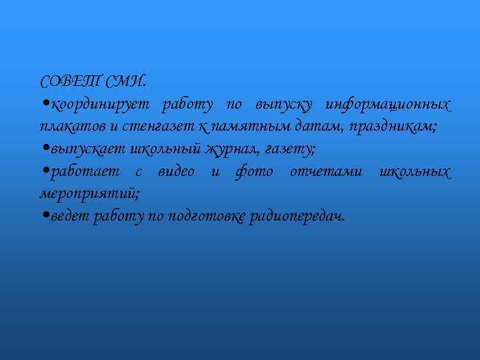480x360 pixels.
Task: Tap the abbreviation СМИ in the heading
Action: (x=127, y=82)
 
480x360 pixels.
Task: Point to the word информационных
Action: (x=387, y=105)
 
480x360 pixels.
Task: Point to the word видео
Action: (x=177, y=171)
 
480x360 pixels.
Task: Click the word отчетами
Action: (x=327, y=171)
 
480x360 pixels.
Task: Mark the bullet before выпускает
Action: (x=45, y=149)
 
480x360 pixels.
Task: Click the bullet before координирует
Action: (x=45, y=104)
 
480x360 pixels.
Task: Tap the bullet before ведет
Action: (x=45, y=215)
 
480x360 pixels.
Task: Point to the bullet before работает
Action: (x=45, y=171)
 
